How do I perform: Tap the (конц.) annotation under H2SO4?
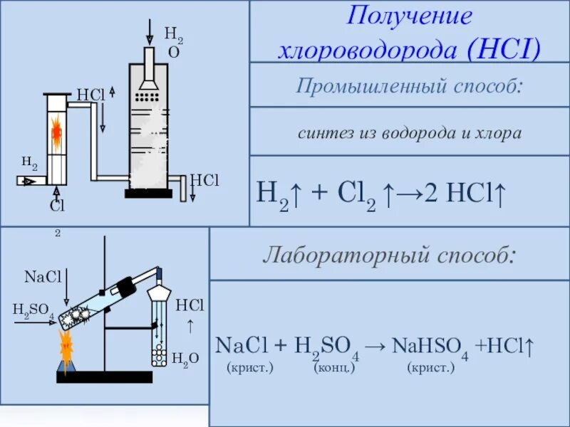[333, 368]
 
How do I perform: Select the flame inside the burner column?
[56, 132]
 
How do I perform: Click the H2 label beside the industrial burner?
[29, 163]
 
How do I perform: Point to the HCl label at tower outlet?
[204, 180]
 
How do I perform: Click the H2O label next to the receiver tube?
[180, 358]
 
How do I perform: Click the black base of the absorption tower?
[148, 193]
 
